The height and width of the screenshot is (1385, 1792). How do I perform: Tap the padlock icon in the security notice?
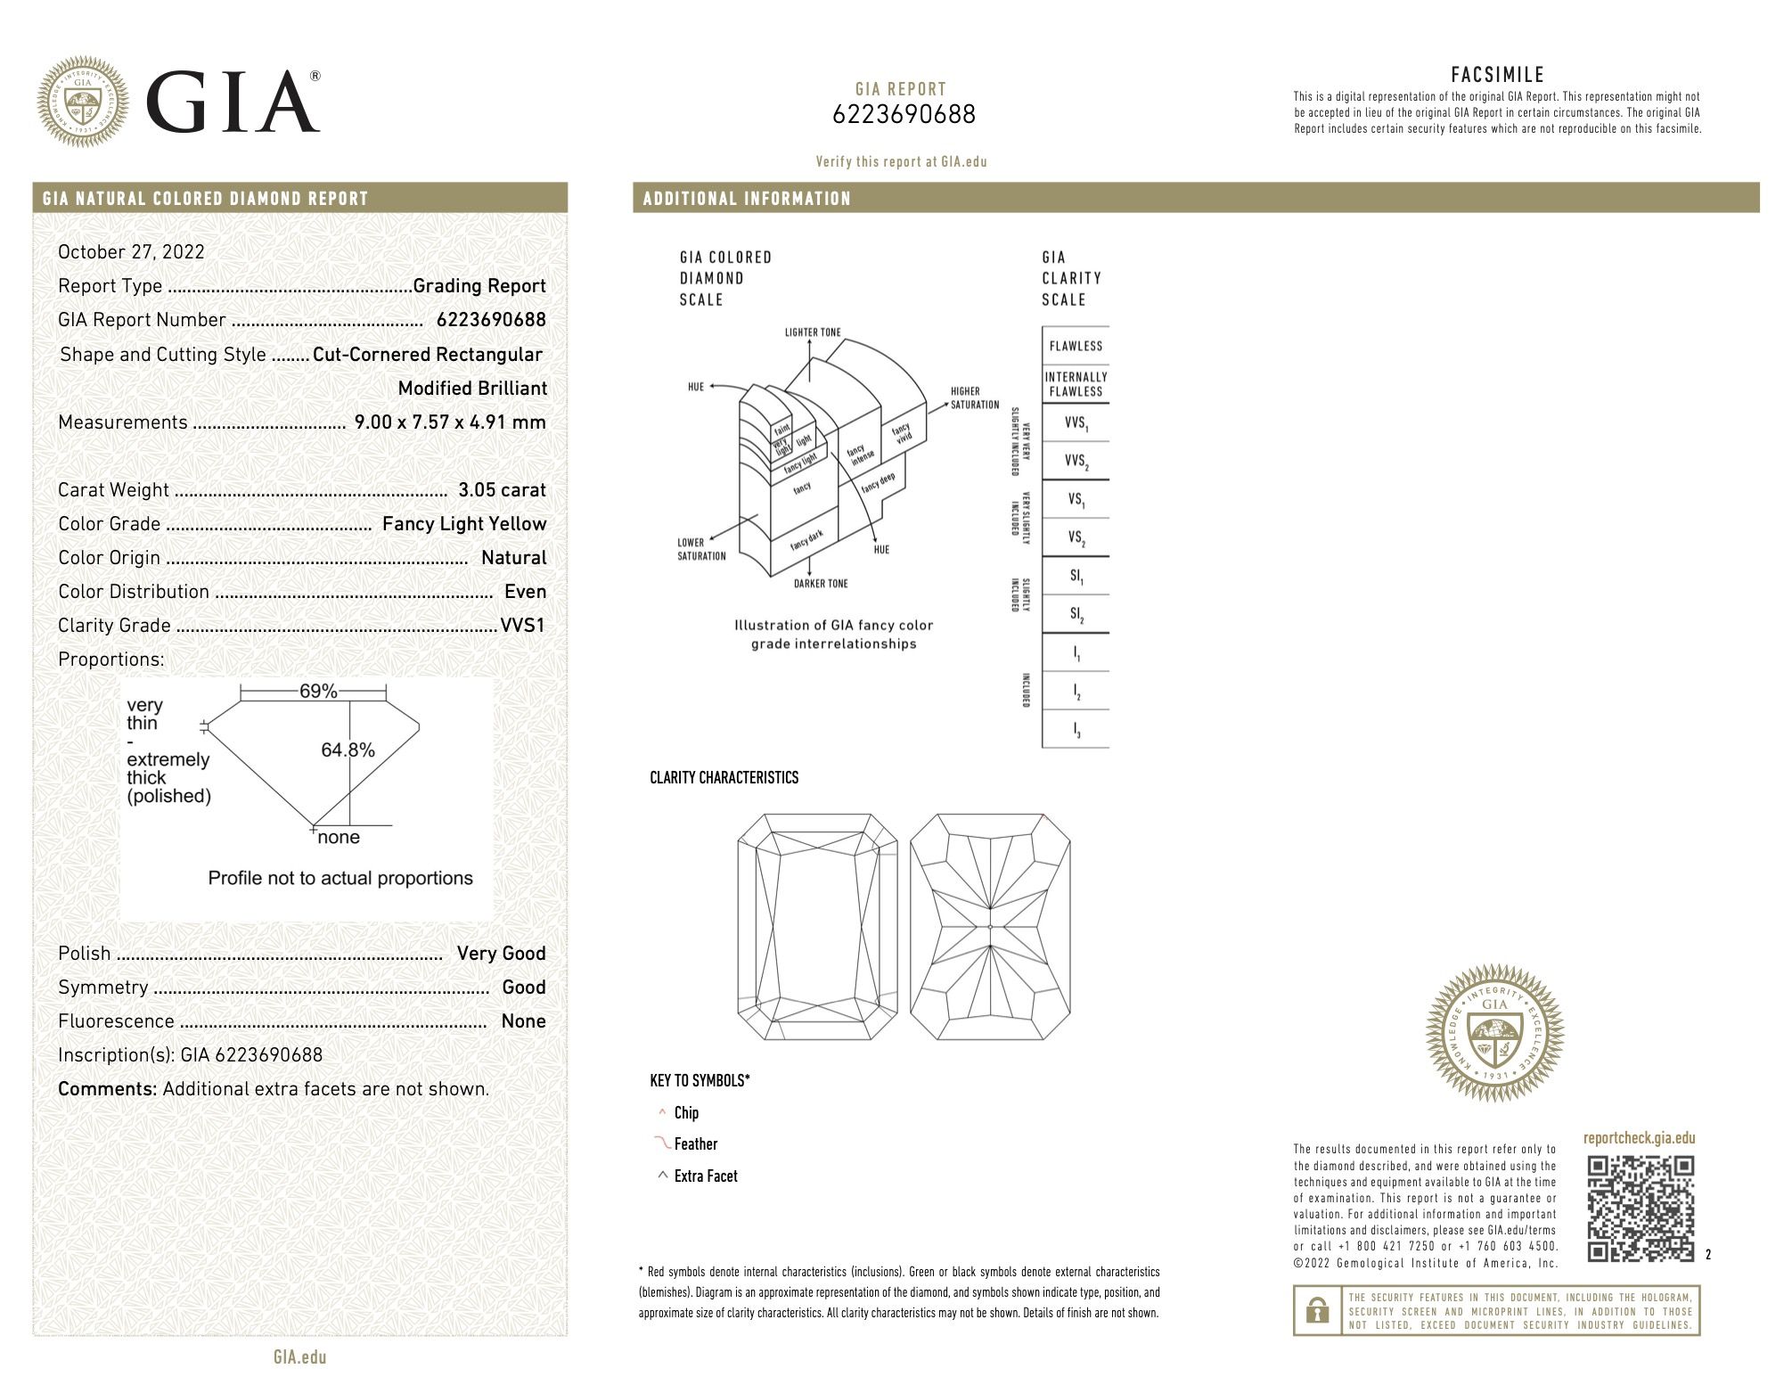point(1317,1310)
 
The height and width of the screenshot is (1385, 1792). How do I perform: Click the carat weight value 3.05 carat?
point(502,490)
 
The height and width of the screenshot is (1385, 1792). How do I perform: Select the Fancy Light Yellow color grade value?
point(463,524)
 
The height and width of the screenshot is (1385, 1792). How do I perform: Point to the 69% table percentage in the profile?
point(317,692)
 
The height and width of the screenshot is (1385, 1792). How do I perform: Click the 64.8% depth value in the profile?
point(348,750)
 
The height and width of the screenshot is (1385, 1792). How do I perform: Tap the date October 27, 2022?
point(131,252)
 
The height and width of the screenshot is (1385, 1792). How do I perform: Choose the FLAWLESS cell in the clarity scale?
point(1076,346)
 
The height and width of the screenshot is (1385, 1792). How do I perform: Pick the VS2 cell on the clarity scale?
point(1076,538)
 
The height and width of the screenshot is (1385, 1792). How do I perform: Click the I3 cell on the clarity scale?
point(1076,730)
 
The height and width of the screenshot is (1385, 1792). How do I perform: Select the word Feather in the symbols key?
point(695,1144)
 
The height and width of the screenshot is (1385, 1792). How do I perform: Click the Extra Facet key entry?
point(706,1176)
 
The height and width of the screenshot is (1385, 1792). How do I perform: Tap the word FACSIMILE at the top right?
point(1496,75)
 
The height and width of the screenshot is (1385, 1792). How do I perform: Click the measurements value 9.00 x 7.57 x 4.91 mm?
point(450,422)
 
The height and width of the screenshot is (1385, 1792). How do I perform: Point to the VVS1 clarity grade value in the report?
point(522,626)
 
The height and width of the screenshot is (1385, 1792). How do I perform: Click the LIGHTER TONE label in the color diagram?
point(812,332)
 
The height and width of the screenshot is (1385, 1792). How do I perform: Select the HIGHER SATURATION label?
point(974,397)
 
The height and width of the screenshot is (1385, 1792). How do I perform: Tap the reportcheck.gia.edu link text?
point(1639,1138)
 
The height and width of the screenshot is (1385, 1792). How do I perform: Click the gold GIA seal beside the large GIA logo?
point(83,102)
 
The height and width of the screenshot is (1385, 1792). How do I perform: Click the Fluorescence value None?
point(523,1021)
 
